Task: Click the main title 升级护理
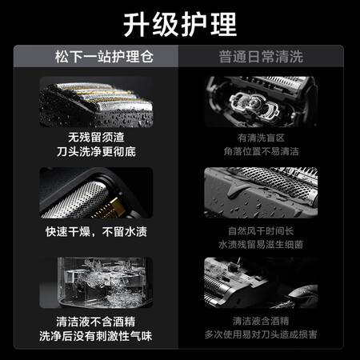180,25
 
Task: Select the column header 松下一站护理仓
104,57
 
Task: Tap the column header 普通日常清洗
261,57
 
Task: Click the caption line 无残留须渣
96,138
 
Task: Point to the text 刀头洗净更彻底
96,152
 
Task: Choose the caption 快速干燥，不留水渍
96,231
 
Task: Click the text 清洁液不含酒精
96,322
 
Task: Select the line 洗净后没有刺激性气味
96,336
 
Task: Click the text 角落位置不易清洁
261,151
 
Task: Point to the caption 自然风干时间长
261,231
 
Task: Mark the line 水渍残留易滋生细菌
261,245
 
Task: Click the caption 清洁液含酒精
261,321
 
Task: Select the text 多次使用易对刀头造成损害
261,334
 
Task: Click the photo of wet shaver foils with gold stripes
96,102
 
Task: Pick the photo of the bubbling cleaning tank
96,282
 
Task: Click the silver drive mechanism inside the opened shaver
254,104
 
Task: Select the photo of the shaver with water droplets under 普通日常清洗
261,193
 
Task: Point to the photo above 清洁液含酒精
261,282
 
